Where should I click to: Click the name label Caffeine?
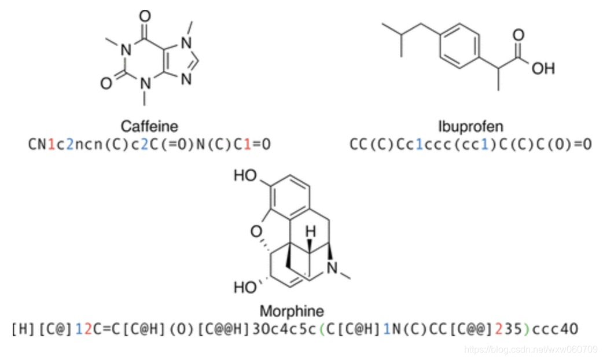click(149, 126)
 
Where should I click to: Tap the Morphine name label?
click(292, 310)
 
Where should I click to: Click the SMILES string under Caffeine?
click(149, 144)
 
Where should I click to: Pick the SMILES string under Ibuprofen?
click(470, 144)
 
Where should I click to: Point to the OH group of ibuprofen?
click(542, 68)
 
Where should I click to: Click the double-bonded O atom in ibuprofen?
click(519, 35)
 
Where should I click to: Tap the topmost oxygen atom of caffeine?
click(144, 13)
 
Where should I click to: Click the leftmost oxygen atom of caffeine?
click(106, 84)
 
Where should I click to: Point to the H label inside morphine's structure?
click(310, 232)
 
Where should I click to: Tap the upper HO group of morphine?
click(246, 175)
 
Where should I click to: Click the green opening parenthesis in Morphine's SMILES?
click(322, 329)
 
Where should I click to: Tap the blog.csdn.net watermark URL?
click(531, 349)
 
